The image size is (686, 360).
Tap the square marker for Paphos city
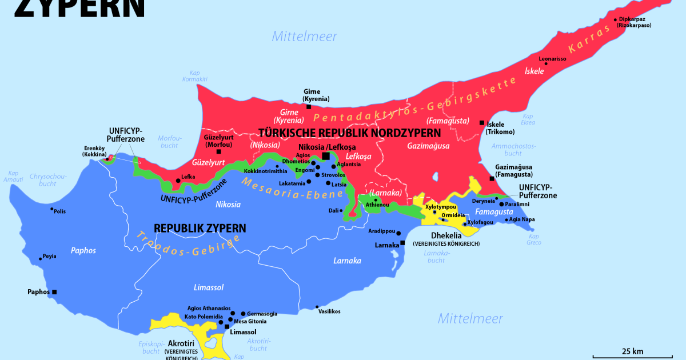pyautogui.click(x=54, y=292)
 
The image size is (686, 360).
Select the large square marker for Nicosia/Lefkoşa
pyautogui.click(x=326, y=156)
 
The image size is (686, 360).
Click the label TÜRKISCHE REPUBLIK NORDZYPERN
pyautogui.click(x=349, y=133)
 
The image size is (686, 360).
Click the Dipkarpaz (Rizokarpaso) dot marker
pyautogui.click(x=616, y=19)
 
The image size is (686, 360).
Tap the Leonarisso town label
pyautogui.click(x=553, y=58)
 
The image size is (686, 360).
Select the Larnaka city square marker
pyautogui.click(x=402, y=243)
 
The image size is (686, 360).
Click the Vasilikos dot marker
pyautogui.click(x=317, y=307)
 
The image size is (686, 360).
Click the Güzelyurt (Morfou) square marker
pyautogui.click(x=218, y=151)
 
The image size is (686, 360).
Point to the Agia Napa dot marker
pyautogui.click(x=506, y=218)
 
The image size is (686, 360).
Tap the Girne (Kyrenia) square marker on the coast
pyautogui.click(x=309, y=106)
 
